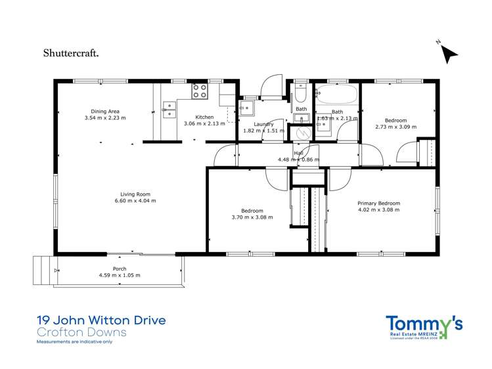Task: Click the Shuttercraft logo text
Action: pyautogui.click(x=71, y=53)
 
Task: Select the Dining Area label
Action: pyautogui.click(x=105, y=111)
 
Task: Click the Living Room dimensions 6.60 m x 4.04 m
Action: pyautogui.click(x=135, y=201)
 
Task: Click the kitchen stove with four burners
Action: pyautogui.click(x=199, y=91)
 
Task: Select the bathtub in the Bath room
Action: pyautogui.click(x=336, y=93)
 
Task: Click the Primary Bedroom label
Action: pyautogui.click(x=378, y=204)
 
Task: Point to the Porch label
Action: pyautogui.click(x=120, y=269)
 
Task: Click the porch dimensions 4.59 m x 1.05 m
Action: pyautogui.click(x=120, y=276)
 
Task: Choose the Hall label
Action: pyautogui.click(x=298, y=153)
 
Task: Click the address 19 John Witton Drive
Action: pyautogui.click(x=101, y=320)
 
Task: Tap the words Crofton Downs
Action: pyautogui.click(x=81, y=332)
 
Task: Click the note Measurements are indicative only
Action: pyautogui.click(x=74, y=342)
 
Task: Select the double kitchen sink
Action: pyautogui.click(x=169, y=109)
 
